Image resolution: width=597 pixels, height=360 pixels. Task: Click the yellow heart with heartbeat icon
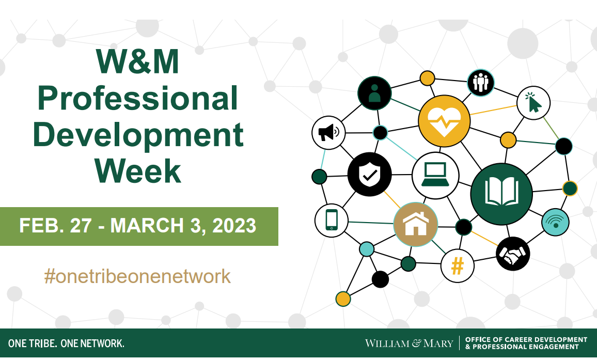444,121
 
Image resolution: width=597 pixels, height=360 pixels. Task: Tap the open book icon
501,194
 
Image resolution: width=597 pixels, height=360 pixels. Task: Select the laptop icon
435,175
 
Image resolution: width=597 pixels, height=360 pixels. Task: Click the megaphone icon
328,133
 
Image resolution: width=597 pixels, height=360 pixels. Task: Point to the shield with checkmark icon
369,175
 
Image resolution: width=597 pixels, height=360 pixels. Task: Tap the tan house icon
415,224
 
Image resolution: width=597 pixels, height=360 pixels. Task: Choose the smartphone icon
331,220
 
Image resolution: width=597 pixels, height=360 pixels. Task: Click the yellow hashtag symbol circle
457,265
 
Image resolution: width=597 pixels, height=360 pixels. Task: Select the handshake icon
513,254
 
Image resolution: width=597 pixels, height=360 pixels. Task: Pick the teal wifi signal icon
556,222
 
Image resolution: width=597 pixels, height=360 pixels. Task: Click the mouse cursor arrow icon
533,103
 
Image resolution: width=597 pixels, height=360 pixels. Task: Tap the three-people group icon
480,82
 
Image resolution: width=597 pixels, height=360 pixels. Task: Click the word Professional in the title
138,98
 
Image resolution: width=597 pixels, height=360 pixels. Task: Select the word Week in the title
138,171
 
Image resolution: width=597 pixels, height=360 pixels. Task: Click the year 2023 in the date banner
234,226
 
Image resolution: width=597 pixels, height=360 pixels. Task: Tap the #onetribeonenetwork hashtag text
137,276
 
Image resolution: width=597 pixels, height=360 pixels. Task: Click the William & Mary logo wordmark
410,343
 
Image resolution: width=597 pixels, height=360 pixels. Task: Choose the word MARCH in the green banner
147,226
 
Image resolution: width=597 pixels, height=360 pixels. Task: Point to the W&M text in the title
137,61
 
